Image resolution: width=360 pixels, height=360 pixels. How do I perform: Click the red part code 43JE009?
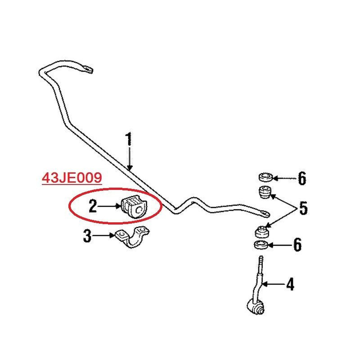tap(71, 179)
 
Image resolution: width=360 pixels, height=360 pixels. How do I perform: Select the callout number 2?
tap(93, 206)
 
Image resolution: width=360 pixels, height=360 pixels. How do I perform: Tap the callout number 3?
tap(87, 236)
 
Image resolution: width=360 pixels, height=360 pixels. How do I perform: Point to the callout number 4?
tap(290, 284)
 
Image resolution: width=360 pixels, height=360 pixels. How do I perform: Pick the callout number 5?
tap(303, 208)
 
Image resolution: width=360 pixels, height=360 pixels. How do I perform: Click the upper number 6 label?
tap(301, 179)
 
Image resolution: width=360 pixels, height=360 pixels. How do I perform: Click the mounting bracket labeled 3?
tap(133, 238)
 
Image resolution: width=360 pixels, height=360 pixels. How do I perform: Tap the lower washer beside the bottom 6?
tap(261, 245)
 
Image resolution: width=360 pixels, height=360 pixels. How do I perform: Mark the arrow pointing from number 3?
tap(105, 235)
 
